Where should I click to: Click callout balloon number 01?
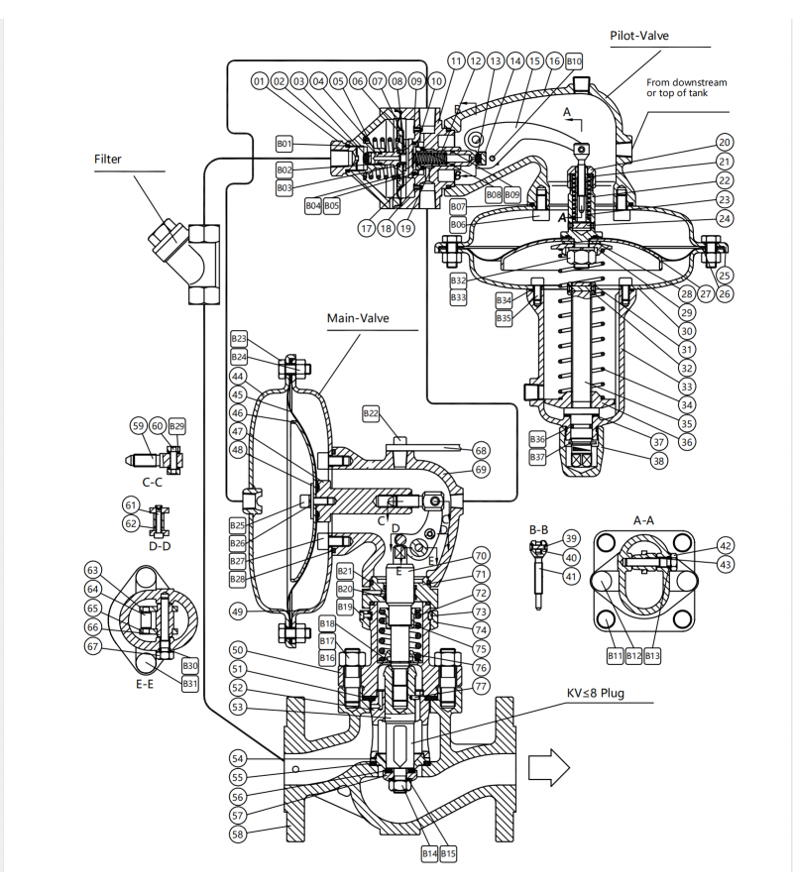[261, 81]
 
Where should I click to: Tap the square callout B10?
[573, 61]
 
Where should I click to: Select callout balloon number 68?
[481, 449]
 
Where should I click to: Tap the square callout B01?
[285, 145]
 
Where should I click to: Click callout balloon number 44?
[239, 377]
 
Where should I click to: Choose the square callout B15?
[448, 852]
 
